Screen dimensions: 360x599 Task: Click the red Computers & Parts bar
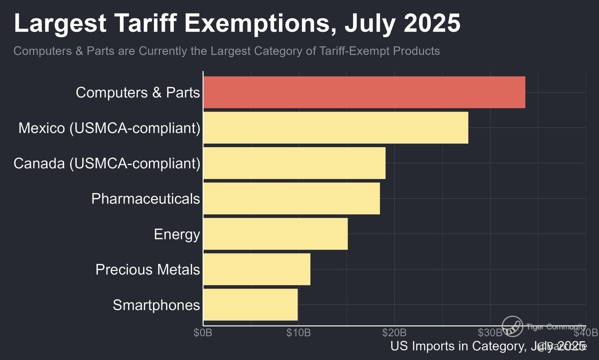pyautogui.click(x=364, y=92)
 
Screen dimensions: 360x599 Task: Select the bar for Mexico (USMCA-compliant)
pyautogui.click(x=336, y=128)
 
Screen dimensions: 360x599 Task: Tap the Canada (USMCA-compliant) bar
pyautogui.click(x=294, y=163)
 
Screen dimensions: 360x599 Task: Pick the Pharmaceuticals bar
pyautogui.click(x=291, y=198)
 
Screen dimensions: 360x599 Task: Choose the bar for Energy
pyautogui.click(x=275, y=234)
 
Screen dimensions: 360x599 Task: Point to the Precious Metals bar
pyautogui.click(x=257, y=269)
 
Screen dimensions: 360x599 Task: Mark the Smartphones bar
pyautogui.click(x=251, y=305)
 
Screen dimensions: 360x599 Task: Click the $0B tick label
pyautogui.click(x=203, y=333)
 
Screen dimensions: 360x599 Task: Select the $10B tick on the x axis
pyautogui.click(x=298, y=333)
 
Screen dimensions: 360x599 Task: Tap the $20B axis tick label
pyautogui.click(x=394, y=333)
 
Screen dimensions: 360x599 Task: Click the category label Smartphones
pyautogui.click(x=156, y=305)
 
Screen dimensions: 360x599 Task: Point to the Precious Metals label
pyautogui.click(x=148, y=270)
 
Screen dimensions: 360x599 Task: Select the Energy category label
pyautogui.click(x=177, y=234)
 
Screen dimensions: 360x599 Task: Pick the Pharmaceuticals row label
pyautogui.click(x=145, y=199)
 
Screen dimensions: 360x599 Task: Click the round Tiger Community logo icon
pyautogui.click(x=512, y=326)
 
